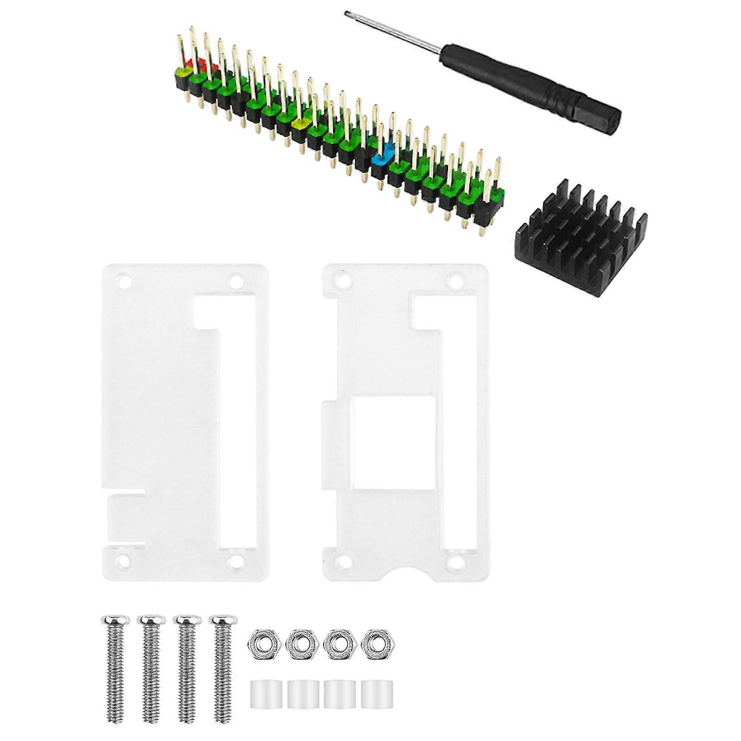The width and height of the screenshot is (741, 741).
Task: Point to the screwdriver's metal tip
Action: [347, 14]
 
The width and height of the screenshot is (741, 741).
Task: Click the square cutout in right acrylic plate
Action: [394, 444]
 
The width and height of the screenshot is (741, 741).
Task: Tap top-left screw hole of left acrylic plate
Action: [123, 281]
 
